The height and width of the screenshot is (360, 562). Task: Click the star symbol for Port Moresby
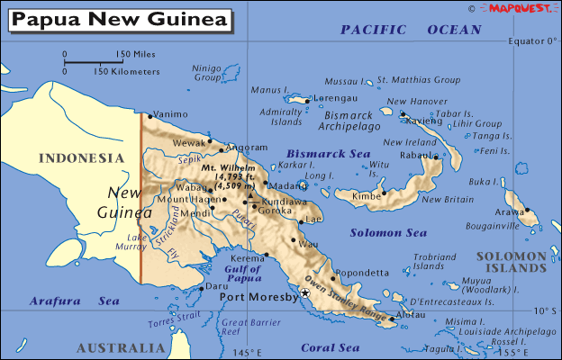pos(305,293)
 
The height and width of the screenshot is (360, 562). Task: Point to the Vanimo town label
pos(170,114)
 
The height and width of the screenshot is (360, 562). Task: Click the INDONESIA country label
pos(81,158)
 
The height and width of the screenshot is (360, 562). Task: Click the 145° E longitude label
pos(244,352)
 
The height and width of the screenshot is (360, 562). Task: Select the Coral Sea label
pos(330,347)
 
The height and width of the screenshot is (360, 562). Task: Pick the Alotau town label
pos(409,317)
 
